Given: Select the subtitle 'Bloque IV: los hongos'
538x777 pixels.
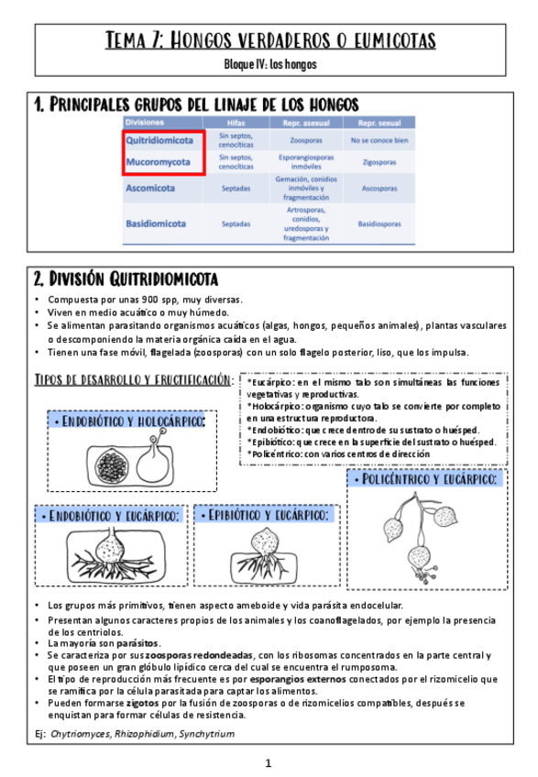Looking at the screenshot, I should (269, 64).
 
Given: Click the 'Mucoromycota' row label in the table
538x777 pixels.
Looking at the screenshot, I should (159, 162).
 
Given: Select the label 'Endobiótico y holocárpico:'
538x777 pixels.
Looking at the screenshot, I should (128, 420).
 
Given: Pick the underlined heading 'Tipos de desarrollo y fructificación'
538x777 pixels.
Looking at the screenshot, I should (132, 379).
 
